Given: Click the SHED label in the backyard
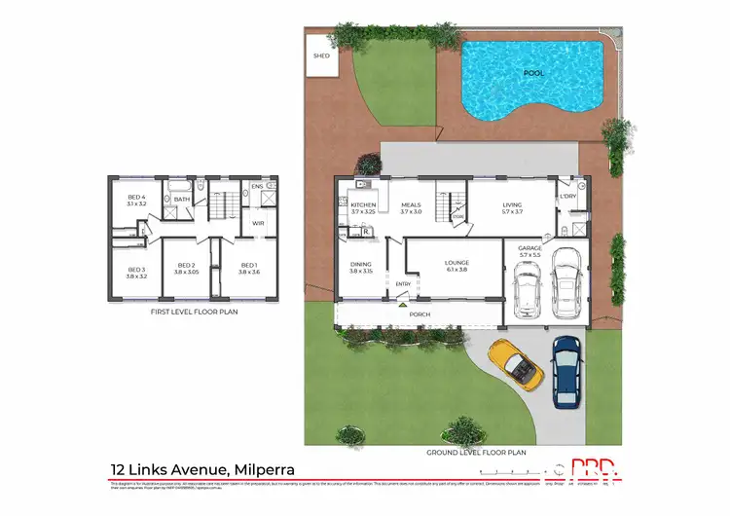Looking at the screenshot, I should click(321, 56).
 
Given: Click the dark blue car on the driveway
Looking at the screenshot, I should click(566, 372).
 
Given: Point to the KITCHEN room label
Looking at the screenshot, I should click(363, 204).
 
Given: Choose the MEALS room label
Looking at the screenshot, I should click(411, 204).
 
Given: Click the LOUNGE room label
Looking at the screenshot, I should click(456, 262).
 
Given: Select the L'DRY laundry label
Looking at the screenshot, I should click(568, 196).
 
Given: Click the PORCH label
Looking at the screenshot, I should click(420, 314).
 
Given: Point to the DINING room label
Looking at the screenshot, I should click(360, 264).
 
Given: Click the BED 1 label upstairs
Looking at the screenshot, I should click(249, 265).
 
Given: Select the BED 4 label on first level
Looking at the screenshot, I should click(136, 199).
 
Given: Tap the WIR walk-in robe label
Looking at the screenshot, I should click(258, 223).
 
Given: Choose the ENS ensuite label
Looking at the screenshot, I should click(257, 186).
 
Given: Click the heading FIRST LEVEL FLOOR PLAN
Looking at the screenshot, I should click(194, 313).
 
